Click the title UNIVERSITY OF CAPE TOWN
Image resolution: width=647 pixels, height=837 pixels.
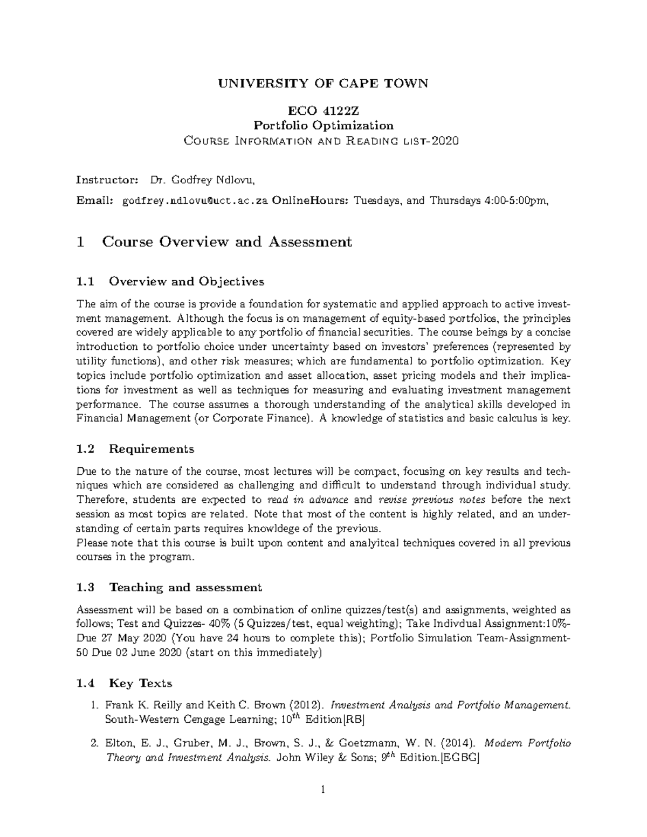(323, 84)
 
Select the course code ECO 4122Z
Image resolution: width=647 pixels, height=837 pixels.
(323, 112)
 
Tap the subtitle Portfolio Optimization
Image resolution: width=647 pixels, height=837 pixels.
(323, 126)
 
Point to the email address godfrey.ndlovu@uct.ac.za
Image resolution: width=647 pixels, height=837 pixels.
(195, 201)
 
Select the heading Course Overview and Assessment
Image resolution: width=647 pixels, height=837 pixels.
(226, 242)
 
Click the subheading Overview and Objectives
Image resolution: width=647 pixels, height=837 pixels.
(187, 281)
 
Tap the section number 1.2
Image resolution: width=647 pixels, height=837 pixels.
(86, 449)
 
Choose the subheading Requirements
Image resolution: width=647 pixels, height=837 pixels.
(152, 449)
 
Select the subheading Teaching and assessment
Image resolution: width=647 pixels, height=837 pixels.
(185, 587)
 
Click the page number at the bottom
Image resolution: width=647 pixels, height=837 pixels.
(323, 791)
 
